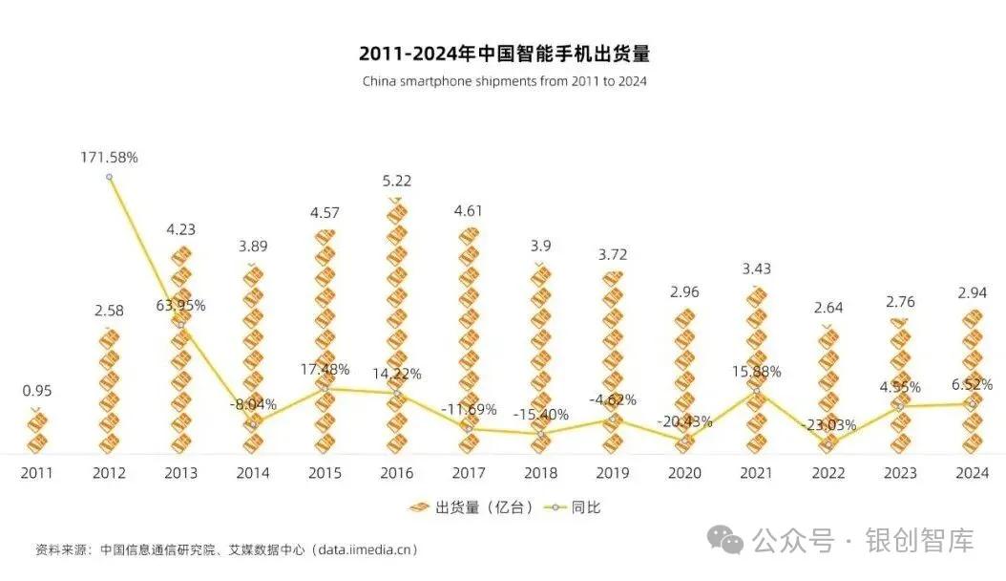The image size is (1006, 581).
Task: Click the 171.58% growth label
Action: [x=109, y=157]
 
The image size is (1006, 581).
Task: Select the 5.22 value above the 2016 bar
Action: [x=396, y=181]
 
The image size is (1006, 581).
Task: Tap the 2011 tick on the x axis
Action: [x=36, y=472]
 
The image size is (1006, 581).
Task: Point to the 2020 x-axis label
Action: [x=684, y=472]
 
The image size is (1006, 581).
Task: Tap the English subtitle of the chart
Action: [x=503, y=81]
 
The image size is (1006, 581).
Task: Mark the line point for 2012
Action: [x=109, y=177]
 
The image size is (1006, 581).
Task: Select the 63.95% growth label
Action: [x=180, y=306]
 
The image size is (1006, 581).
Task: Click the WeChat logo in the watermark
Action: [x=731, y=541]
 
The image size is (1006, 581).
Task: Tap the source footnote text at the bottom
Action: [x=226, y=549]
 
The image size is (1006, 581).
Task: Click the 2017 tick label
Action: [x=469, y=472]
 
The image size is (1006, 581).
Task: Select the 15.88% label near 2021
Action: [x=756, y=371]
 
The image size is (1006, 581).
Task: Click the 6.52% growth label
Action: [x=972, y=384]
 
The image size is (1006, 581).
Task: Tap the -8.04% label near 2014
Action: [x=252, y=404]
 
